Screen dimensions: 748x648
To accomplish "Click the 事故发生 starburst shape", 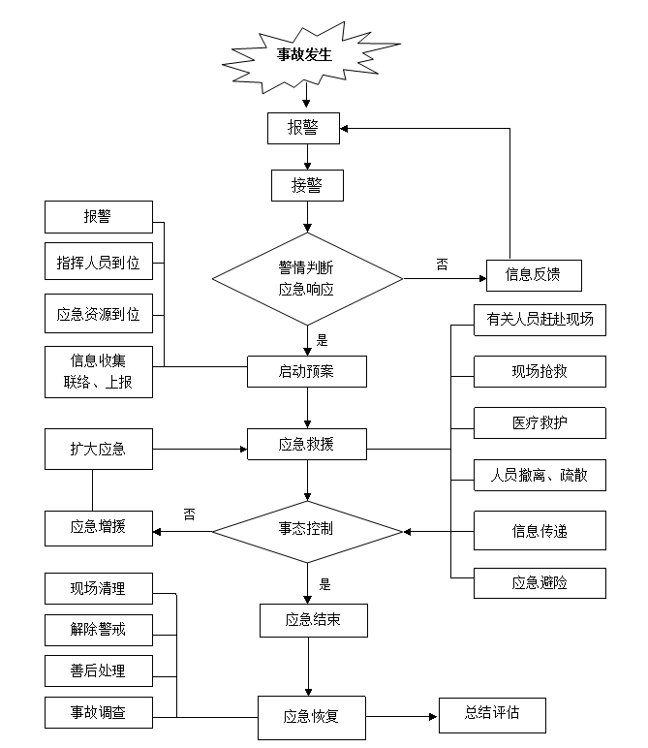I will [x=305, y=54].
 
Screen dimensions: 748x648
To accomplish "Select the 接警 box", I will [x=306, y=185].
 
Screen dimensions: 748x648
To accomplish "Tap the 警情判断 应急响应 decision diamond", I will [x=307, y=279].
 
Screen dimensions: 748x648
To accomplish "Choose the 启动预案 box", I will [x=307, y=371].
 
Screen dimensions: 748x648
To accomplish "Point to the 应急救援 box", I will [x=307, y=445].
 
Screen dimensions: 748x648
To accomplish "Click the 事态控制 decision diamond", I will [x=307, y=530].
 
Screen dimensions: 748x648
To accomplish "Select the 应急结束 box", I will [x=313, y=620].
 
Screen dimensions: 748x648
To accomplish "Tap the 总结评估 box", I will [x=492, y=713].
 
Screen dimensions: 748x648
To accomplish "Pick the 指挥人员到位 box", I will [x=98, y=262].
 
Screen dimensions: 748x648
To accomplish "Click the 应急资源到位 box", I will [x=98, y=314].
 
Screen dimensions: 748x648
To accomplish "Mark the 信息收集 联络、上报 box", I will [x=98, y=371].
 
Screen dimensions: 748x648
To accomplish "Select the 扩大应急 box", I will [x=98, y=450].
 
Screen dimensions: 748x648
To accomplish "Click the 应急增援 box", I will [x=98, y=528].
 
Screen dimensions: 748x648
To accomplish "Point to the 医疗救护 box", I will [x=540, y=423].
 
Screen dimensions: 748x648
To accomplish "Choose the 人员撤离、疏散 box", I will [x=540, y=476].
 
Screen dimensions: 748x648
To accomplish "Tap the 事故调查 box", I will [x=98, y=713].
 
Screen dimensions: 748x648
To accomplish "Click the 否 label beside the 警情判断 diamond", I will [x=442, y=264].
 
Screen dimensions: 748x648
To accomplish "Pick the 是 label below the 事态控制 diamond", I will [x=324, y=584].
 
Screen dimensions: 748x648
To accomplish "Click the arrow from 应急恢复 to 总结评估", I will [x=402, y=717].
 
